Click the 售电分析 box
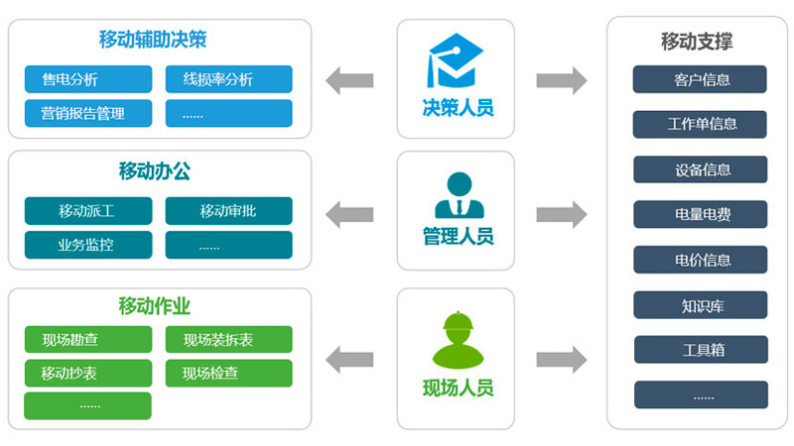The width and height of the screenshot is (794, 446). [x=87, y=79]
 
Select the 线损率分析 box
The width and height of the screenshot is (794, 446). [x=228, y=79]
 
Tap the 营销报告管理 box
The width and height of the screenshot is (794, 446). [x=87, y=113]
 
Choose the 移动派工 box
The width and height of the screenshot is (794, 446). [x=87, y=211]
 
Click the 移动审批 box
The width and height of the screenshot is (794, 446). [x=228, y=211]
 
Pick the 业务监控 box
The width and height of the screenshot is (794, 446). [x=87, y=245]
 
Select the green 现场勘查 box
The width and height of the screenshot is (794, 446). [x=87, y=340]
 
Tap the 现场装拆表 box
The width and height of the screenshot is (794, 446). [x=228, y=340]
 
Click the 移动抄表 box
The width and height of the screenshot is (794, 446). [x=87, y=374]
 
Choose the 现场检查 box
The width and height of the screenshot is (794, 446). [x=228, y=374]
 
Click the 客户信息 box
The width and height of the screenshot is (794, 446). [x=701, y=79]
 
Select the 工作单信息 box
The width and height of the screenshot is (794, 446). [x=701, y=124]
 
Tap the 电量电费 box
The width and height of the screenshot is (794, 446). [x=701, y=214]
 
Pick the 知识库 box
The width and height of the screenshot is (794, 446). [x=701, y=304]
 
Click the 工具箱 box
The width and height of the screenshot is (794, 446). [x=701, y=350]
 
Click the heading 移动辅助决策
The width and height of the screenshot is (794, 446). [x=152, y=40]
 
